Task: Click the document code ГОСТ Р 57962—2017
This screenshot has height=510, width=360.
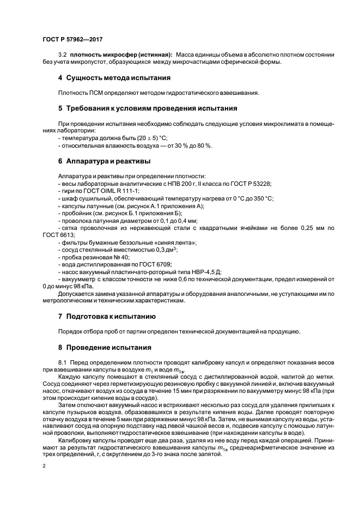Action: pos(72,40)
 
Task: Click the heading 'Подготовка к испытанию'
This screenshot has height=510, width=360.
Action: pos(111,316)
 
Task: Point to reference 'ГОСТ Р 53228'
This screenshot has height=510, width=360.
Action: pos(251,184)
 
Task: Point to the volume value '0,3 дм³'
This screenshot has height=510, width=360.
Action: pos(166,249)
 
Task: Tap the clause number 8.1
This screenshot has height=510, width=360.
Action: pos(62,362)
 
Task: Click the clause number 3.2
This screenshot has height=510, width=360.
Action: pos(62,55)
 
